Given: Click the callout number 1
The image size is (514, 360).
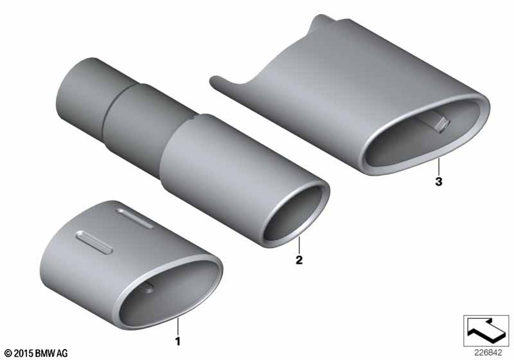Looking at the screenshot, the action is [x=178, y=341].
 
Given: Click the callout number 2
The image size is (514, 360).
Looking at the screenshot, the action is [x=299, y=260].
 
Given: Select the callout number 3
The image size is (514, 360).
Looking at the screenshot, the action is [x=439, y=181].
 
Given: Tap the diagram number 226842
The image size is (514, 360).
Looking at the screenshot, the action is [x=488, y=352].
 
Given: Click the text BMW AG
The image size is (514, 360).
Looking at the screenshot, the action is [x=51, y=353].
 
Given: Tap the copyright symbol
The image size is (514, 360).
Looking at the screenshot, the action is [x=9, y=354].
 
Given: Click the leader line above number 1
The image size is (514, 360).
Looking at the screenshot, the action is [x=178, y=325].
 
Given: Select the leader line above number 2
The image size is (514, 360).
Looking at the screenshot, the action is [x=299, y=244].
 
